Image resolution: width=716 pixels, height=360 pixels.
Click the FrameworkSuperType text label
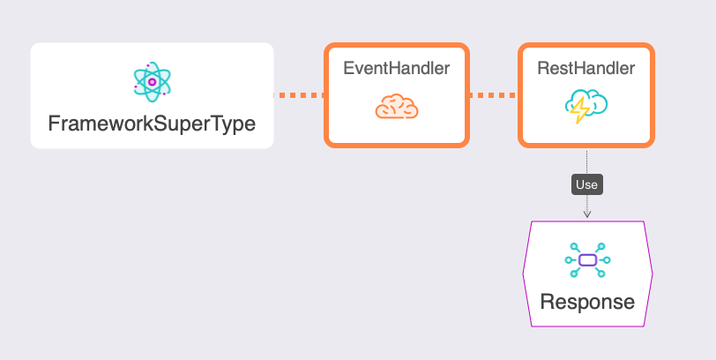point(152,123)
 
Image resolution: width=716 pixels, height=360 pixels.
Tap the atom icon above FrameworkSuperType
point(152,82)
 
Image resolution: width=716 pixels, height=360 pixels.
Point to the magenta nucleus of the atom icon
point(152,82)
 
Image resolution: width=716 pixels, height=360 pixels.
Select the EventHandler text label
point(396,69)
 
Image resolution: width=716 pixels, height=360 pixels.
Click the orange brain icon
point(396,108)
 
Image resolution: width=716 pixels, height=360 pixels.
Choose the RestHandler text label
point(586,69)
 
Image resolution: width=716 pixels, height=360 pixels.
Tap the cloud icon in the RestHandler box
point(586,106)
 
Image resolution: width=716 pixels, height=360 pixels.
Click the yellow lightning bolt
point(579,110)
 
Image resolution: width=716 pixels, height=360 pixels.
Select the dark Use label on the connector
point(586,185)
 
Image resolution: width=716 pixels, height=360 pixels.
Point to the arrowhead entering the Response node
point(586,214)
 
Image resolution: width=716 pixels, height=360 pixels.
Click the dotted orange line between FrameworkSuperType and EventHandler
point(299,94)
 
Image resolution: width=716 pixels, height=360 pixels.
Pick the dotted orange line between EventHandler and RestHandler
point(493,94)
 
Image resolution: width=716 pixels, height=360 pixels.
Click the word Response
point(587,302)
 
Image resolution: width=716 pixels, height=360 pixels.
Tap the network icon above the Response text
point(587,259)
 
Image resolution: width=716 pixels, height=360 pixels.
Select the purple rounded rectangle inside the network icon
point(587,259)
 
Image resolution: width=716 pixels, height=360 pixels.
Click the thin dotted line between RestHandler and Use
point(586,161)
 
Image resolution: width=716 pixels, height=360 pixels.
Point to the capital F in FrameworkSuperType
point(53,123)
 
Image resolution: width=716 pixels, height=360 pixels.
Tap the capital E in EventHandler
point(348,69)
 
